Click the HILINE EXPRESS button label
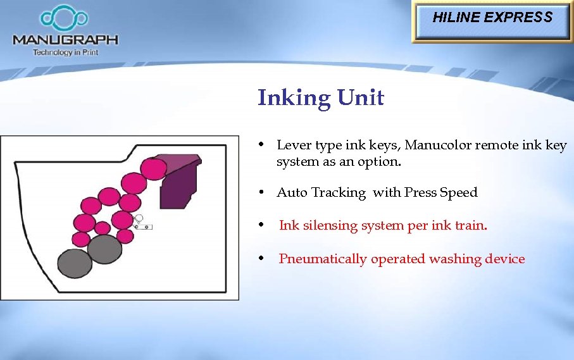[492, 18]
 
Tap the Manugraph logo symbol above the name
[65, 18]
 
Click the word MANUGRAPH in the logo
[65, 40]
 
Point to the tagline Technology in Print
[65, 53]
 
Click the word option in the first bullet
[381, 162]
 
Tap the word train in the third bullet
[470, 226]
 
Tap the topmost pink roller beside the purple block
[153, 168]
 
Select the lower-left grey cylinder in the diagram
[75, 263]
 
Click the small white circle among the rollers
[139, 219]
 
